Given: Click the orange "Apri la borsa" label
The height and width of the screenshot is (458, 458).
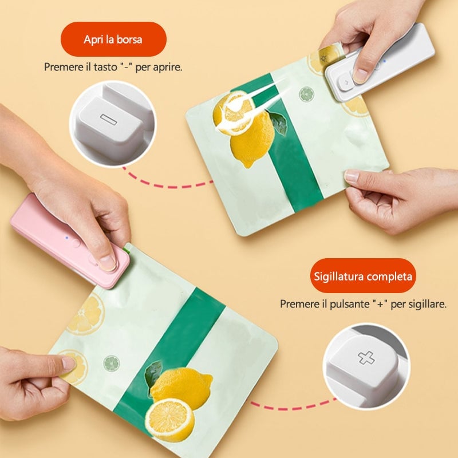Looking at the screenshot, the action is pos(113,39).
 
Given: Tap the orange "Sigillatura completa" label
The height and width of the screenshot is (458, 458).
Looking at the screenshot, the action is pos(363,276).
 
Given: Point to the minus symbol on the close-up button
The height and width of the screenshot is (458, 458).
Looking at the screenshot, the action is pos(108,118).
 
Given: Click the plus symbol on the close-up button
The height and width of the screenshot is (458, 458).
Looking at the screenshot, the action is pos(366,358).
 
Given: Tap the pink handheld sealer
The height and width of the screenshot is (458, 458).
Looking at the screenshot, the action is pos(70,241).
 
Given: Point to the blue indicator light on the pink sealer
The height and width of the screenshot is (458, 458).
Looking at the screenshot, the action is pos(67,238).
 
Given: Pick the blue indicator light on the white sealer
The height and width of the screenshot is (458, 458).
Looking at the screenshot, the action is pos(385,61).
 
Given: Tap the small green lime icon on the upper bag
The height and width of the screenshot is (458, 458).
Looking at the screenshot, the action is pos(306,94).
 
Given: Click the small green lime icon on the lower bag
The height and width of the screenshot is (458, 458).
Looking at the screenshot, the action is pos(112,364).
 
